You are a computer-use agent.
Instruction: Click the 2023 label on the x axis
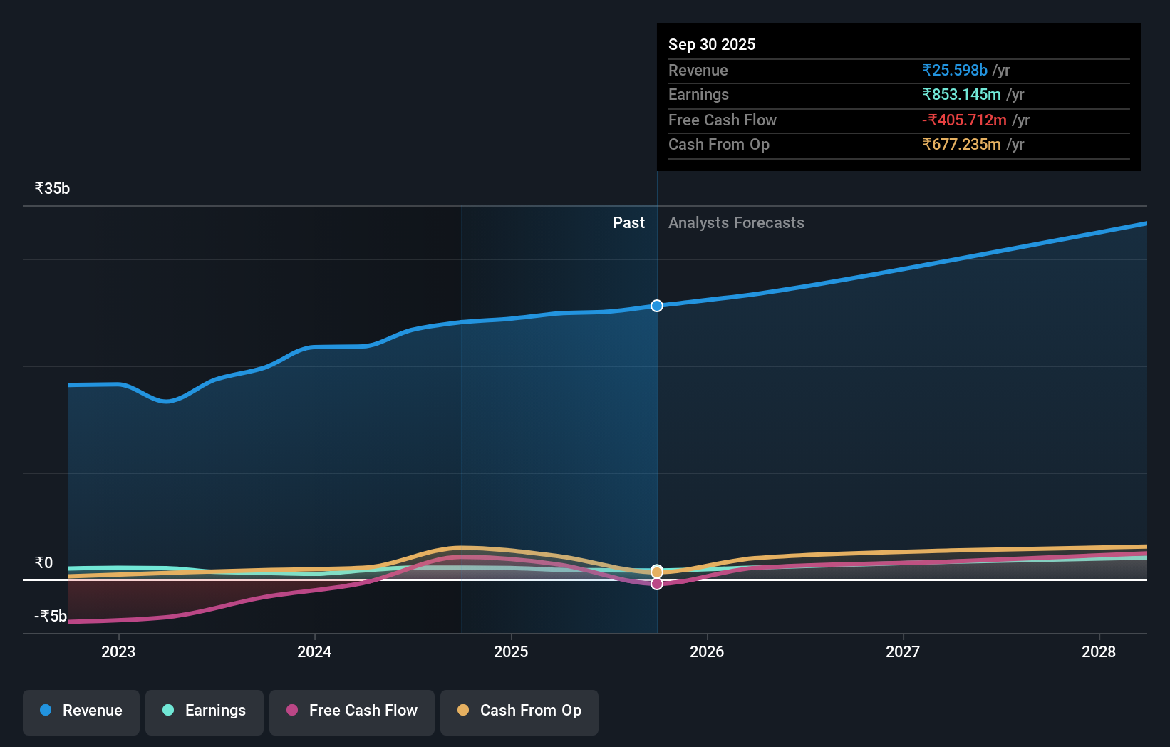click(x=118, y=651)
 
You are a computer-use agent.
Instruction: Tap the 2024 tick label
click(x=314, y=651)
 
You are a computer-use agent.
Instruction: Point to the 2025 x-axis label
click(x=511, y=651)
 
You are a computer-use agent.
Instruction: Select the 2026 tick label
click(x=707, y=651)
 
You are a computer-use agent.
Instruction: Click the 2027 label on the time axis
click(x=903, y=651)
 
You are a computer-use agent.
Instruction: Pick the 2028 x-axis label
click(x=1099, y=651)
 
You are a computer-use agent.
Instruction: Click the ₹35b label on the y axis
click(x=52, y=188)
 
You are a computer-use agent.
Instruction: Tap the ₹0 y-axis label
click(x=43, y=562)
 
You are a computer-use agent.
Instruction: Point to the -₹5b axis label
click(x=51, y=616)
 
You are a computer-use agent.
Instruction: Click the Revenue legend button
click(x=81, y=711)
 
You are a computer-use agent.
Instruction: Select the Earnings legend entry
click(x=205, y=711)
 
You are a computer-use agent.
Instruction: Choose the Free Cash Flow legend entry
click(x=352, y=711)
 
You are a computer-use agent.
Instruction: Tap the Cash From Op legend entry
click(x=519, y=711)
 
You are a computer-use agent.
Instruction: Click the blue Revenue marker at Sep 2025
click(x=657, y=306)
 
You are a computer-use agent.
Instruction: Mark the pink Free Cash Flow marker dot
click(x=657, y=584)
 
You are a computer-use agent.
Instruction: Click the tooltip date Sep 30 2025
click(x=712, y=44)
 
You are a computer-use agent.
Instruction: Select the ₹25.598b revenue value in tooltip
click(x=955, y=70)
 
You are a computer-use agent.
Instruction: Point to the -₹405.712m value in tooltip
click(x=964, y=120)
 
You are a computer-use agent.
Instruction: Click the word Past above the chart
click(x=628, y=222)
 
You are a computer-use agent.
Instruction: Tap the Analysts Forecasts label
click(x=736, y=222)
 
